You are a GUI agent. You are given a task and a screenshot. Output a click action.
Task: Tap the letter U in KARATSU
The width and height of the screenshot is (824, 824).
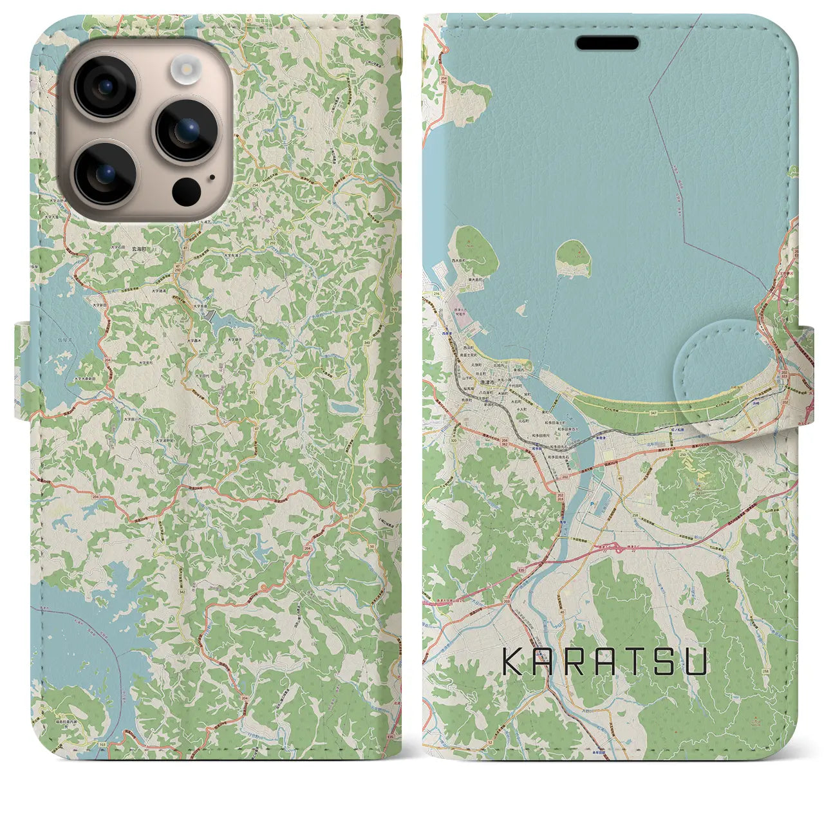pyautogui.click(x=696, y=661)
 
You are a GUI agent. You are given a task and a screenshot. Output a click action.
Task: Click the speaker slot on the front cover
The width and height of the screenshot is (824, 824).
pyautogui.click(x=607, y=43)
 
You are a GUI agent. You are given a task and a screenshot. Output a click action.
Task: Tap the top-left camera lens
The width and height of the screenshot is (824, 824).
pyautogui.click(x=104, y=87)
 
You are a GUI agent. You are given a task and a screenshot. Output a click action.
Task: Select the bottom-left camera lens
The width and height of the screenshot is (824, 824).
pyautogui.click(x=104, y=173)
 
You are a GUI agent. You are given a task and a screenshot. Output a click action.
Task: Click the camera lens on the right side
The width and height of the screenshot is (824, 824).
pyautogui.click(x=187, y=130)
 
